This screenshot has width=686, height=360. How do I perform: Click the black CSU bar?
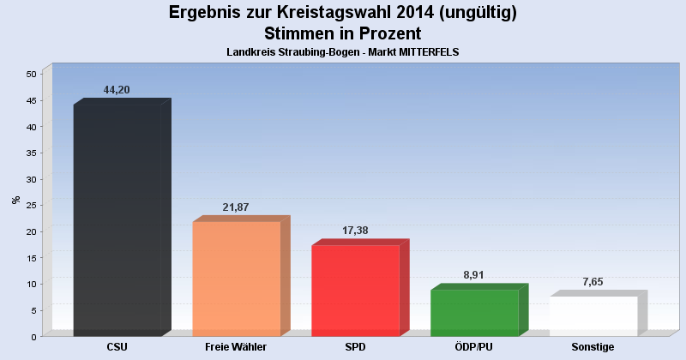click(x=117, y=220)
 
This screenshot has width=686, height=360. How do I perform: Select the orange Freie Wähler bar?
click(x=236, y=279)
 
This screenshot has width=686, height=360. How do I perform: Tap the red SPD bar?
click(x=355, y=291)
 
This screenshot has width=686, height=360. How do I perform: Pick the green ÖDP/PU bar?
click(x=474, y=313)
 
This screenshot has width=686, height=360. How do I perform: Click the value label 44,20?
click(x=117, y=90)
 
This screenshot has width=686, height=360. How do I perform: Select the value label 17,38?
click(x=354, y=232)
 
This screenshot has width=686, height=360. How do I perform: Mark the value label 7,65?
click(x=593, y=283)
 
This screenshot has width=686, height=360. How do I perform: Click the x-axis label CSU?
click(x=117, y=347)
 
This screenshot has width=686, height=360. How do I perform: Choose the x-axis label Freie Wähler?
click(x=236, y=347)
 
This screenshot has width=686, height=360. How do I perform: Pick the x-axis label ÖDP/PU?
click(x=473, y=347)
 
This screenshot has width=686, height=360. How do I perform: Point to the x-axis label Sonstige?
click(x=593, y=347)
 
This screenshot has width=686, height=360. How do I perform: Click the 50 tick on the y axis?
click(x=30, y=75)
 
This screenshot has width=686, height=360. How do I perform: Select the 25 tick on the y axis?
click(x=30, y=206)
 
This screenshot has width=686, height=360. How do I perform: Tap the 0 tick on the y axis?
click(x=33, y=337)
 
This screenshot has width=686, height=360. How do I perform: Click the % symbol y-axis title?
click(x=15, y=200)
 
